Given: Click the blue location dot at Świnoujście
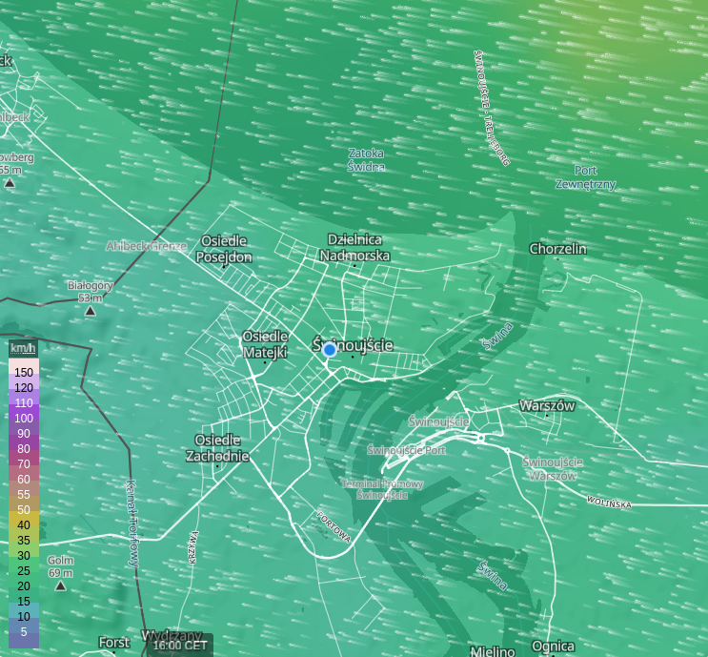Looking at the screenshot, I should pos(330,350).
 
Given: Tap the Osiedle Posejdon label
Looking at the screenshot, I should pos(224,249).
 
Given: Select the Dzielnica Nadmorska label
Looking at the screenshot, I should pos(354,248).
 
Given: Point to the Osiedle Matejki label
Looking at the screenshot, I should pos(265,344).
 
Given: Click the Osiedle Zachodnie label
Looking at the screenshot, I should pos(222,447).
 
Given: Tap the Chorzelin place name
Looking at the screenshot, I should pos(558,249).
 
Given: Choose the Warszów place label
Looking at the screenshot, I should pos(547,405).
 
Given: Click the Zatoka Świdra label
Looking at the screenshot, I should pos(367,159).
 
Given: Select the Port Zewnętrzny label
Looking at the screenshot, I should pos(585,177).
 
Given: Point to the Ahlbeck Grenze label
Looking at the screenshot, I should pos(147,245).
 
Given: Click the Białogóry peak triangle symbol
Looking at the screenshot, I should pos(91,311).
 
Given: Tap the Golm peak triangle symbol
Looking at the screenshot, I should pos(61,585).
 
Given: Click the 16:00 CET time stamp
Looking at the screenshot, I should pos(180,645).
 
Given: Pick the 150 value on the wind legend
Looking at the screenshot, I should pos(24,372).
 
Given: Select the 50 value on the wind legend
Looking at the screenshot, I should pos(24,509).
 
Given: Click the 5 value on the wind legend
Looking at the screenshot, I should pos(24,631).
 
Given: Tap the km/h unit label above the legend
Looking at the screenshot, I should pos(23,348).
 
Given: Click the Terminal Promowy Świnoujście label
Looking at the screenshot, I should pos(382,489).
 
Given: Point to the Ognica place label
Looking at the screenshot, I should pos(554,646).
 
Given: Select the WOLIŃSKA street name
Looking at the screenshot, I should pos(608,502).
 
